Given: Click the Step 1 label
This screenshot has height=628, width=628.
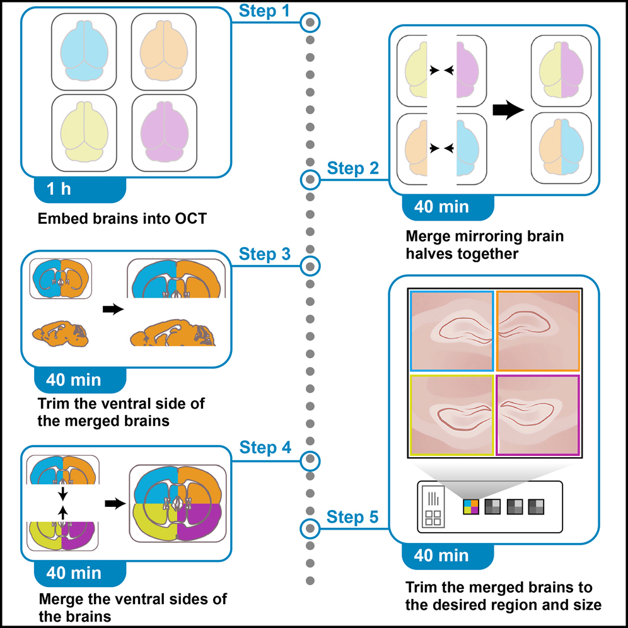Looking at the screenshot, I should pyautogui.click(x=265, y=11).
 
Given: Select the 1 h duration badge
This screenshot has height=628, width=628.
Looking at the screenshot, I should pyautogui.click(x=59, y=189).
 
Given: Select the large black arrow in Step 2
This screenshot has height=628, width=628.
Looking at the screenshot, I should pyautogui.click(x=508, y=110).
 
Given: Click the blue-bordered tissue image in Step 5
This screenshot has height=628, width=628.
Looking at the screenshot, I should pyautogui.click(x=451, y=330).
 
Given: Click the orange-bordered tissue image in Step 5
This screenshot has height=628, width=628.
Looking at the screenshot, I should pyautogui.click(x=538, y=330).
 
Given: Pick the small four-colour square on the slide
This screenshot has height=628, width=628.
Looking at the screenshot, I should pyautogui.click(x=470, y=506).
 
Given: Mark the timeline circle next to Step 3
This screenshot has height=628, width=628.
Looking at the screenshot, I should pyautogui.click(x=310, y=266).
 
